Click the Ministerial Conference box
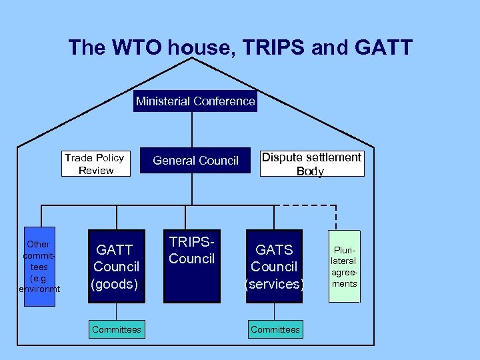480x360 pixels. [195, 101]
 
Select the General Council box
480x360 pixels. [195, 161]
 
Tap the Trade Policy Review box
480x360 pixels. [95, 164]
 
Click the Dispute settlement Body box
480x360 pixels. [311, 164]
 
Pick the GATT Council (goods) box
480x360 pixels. [116, 266]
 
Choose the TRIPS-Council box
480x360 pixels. [191, 266]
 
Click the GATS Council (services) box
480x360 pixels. [274, 266]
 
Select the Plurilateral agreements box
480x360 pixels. [344, 266]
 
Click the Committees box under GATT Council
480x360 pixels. [117, 329]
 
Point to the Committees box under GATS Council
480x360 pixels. [275, 329]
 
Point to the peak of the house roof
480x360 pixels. [192, 59]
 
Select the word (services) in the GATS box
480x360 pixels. [274, 284]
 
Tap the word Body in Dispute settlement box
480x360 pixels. [310, 171]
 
